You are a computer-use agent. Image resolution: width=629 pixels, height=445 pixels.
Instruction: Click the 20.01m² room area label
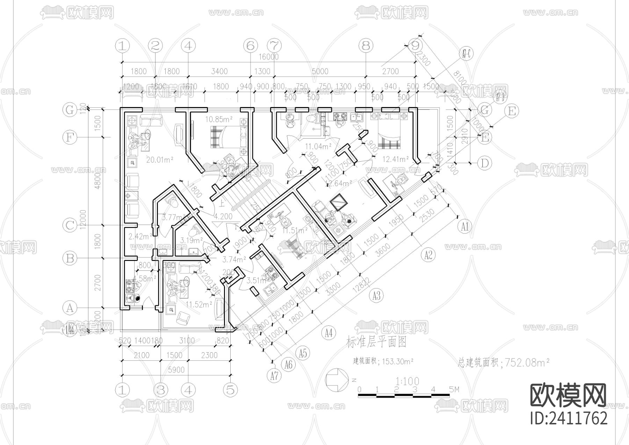(160, 160)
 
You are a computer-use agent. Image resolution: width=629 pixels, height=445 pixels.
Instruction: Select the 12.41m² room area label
(396, 160)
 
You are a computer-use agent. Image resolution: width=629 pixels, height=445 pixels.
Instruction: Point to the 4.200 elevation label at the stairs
(223, 217)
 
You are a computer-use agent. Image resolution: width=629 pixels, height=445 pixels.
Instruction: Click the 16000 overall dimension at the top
(268, 57)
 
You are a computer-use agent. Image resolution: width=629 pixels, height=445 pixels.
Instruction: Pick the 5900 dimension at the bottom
(176, 370)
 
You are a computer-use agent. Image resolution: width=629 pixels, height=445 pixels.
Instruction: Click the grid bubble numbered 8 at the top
(366, 45)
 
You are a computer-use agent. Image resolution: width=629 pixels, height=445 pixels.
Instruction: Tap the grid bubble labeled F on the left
(70, 137)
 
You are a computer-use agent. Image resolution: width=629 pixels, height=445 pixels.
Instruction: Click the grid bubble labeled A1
(464, 227)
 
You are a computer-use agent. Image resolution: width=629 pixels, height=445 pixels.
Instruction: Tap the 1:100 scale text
(407, 381)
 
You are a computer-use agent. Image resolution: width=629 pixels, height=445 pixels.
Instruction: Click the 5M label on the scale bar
(454, 389)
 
